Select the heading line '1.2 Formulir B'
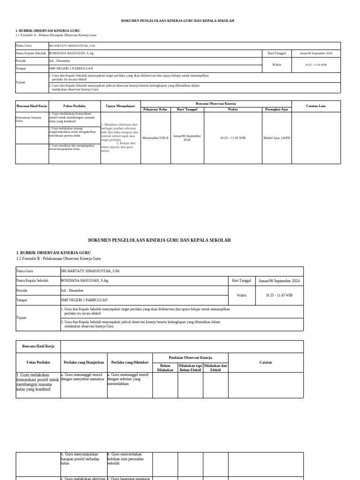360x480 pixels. [x=58, y=258]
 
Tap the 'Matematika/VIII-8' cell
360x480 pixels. [x=155, y=138]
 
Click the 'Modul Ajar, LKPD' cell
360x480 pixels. [x=277, y=138]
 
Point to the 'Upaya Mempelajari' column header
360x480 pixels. [x=120, y=106]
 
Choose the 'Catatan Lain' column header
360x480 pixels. [x=315, y=106]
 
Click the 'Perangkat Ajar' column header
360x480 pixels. [x=277, y=109]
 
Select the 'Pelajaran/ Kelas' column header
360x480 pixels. [x=155, y=109]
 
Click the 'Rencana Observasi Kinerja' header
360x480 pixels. [x=216, y=103]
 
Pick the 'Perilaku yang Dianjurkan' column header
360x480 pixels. [x=84, y=362]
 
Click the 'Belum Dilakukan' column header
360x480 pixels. [x=165, y=367]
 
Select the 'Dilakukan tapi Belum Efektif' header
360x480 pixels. [x=190, y=367]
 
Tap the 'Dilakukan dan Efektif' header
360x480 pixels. [x=216, y=367]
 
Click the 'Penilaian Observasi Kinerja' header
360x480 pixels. [x=190, y=357]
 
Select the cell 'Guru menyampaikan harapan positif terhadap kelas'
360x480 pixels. [x=83, y=458]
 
